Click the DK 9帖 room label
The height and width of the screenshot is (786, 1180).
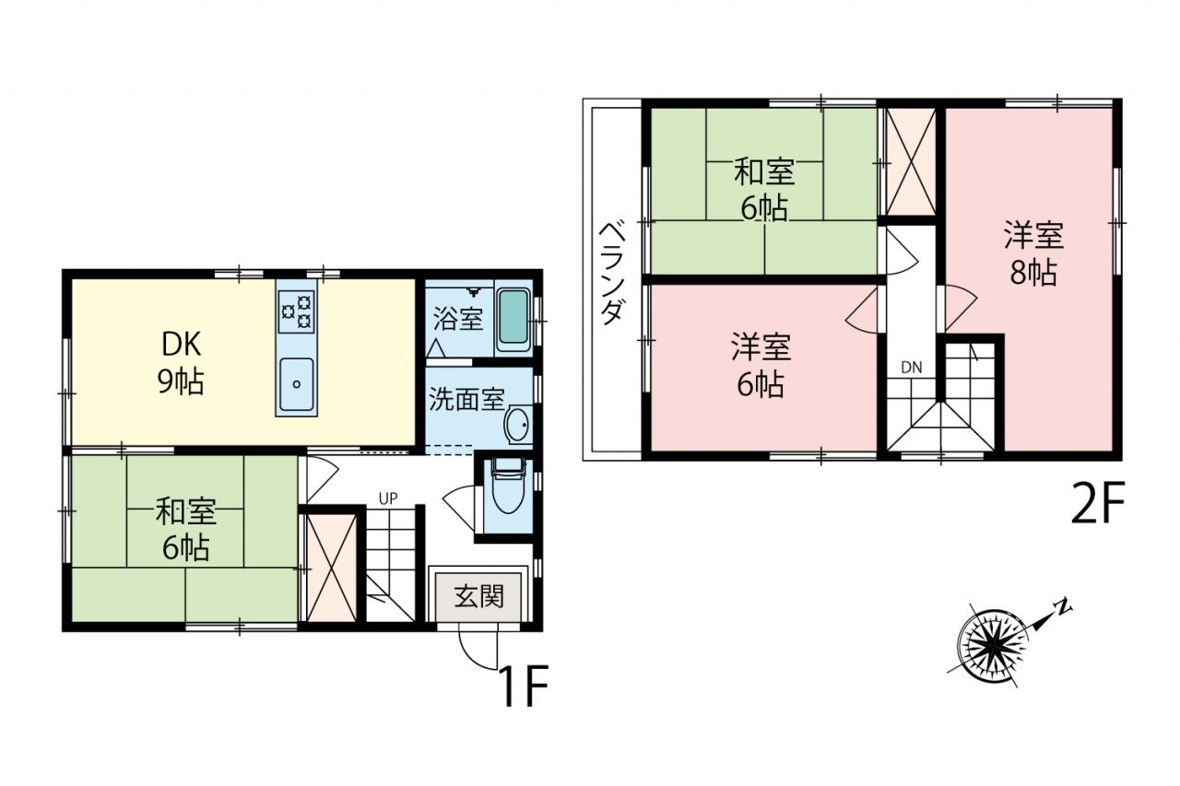click(x=181, y=363)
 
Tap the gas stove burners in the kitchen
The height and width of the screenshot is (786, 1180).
click(x=297, y=311)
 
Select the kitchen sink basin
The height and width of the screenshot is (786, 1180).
click(x=296, y=384)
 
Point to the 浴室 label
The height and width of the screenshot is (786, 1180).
click(x=458, y=319)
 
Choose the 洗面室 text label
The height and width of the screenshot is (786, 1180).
click(x=466, y=399)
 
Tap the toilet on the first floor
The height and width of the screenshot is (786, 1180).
click(x=507, y=485)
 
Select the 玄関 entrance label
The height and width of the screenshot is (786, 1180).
click(x=478, y=596)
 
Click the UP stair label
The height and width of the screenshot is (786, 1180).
click(x=388, y=499)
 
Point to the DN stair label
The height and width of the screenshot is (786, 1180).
click(x=912, y=368)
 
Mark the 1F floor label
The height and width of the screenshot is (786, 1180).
click(x=524, y=686)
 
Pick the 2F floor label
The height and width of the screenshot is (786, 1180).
click(x=1098, y=504)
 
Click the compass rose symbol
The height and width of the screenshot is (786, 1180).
click(x=994, y=648)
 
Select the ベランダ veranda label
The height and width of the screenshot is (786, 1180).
click(x=613, y=273)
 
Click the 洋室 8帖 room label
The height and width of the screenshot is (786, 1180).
click(x=1033, y=253)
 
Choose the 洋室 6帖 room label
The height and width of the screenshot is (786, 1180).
click(x=761, y=365)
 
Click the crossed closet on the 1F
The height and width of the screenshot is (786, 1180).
click(x=332, y=567)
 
